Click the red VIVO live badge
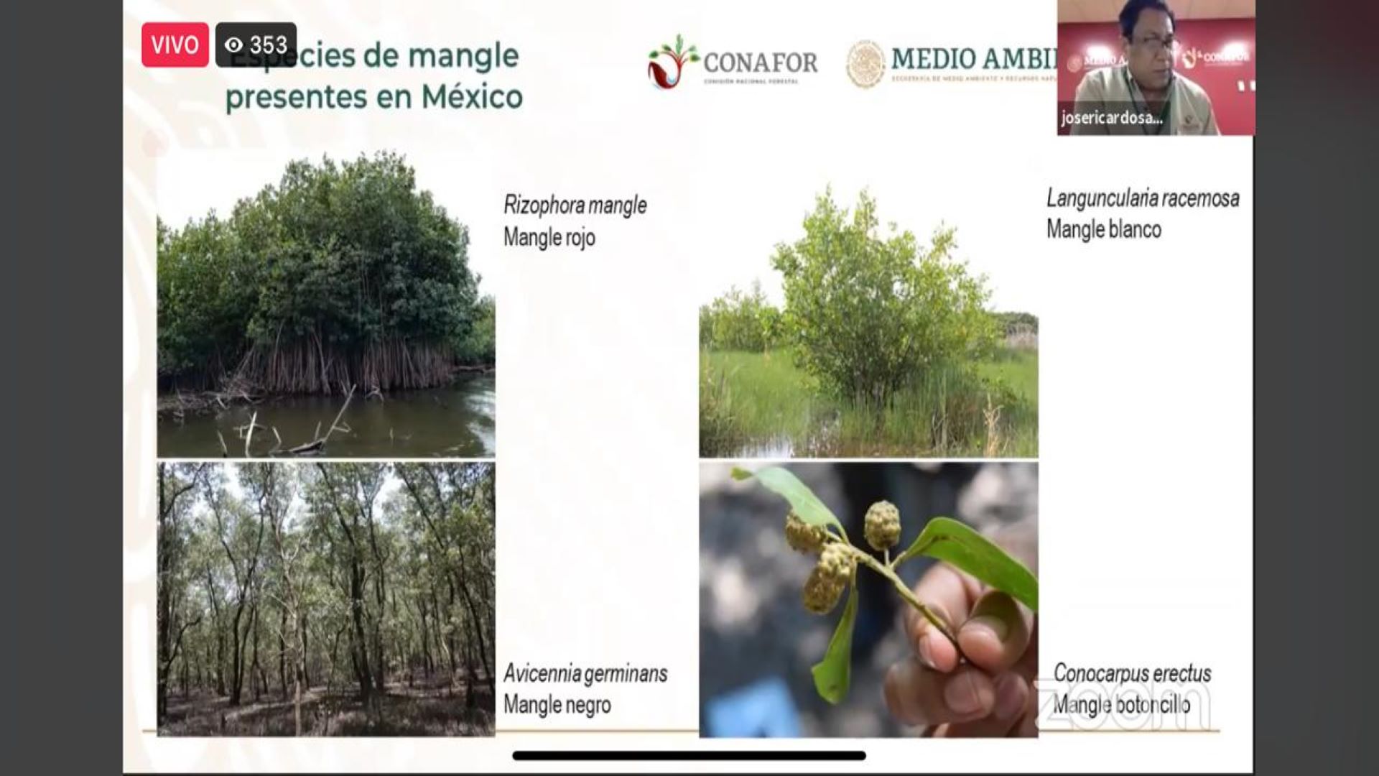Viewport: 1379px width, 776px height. [175, 45]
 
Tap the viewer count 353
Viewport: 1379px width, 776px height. [269, 45]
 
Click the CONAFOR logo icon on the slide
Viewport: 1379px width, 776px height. [672, 62]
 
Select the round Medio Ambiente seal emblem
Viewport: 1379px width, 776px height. [865, 63]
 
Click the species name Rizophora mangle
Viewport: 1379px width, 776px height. [575, 205]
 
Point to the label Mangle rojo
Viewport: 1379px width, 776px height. [549, 237]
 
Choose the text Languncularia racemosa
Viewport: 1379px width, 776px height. [1142, 198]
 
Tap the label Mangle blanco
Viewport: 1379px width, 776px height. [1103, 230]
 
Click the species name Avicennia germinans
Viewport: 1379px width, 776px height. [585, 673]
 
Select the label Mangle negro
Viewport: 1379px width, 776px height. [557, 705]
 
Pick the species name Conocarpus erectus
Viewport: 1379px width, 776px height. [1132, 673]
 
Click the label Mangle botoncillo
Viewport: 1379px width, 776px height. [1121, 705]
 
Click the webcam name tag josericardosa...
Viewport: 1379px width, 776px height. [1111, 118]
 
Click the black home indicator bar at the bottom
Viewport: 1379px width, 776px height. [689, 755]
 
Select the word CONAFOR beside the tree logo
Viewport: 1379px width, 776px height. [760, 63]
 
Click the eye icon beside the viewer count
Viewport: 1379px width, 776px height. [233, 45]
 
